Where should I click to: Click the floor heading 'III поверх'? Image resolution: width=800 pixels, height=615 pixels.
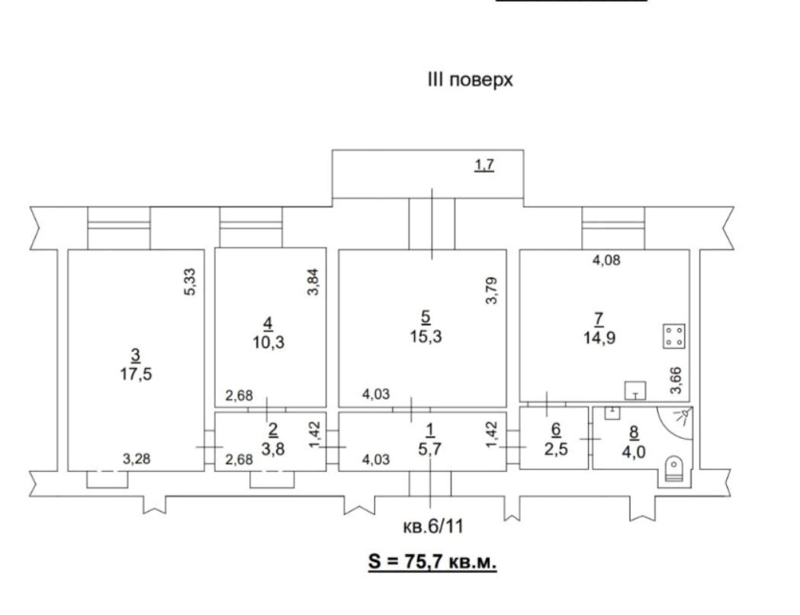pos(470,80)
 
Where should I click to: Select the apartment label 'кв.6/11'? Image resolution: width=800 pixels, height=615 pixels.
pos(433,526)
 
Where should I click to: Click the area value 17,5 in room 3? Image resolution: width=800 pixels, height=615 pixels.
pos(136,373)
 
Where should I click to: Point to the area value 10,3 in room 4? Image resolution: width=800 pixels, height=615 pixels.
pos(268,342)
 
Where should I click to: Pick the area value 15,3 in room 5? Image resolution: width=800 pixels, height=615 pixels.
pos(426,336)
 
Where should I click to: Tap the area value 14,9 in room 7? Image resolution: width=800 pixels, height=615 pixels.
pos(599,338)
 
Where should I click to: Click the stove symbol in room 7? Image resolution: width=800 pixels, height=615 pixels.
pos(674,337)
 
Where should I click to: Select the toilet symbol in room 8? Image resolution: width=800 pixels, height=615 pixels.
pos(674,469)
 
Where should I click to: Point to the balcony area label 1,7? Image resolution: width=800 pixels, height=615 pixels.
pos(484,165)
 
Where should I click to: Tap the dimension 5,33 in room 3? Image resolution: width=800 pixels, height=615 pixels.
pos(191,282)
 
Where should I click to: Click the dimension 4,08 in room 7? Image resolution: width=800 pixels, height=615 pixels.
pos(606,260)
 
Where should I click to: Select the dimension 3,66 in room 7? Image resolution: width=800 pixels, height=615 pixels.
pos(676,380)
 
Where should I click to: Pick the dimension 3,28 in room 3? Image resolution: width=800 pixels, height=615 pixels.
pos(137,459)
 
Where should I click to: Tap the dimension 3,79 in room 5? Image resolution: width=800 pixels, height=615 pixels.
pos(491,290)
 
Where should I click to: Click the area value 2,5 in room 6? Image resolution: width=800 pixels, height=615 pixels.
pos(556,450)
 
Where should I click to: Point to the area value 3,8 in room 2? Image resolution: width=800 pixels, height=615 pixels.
pos(272,449)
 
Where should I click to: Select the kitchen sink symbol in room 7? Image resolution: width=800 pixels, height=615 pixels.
pos(635,391)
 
